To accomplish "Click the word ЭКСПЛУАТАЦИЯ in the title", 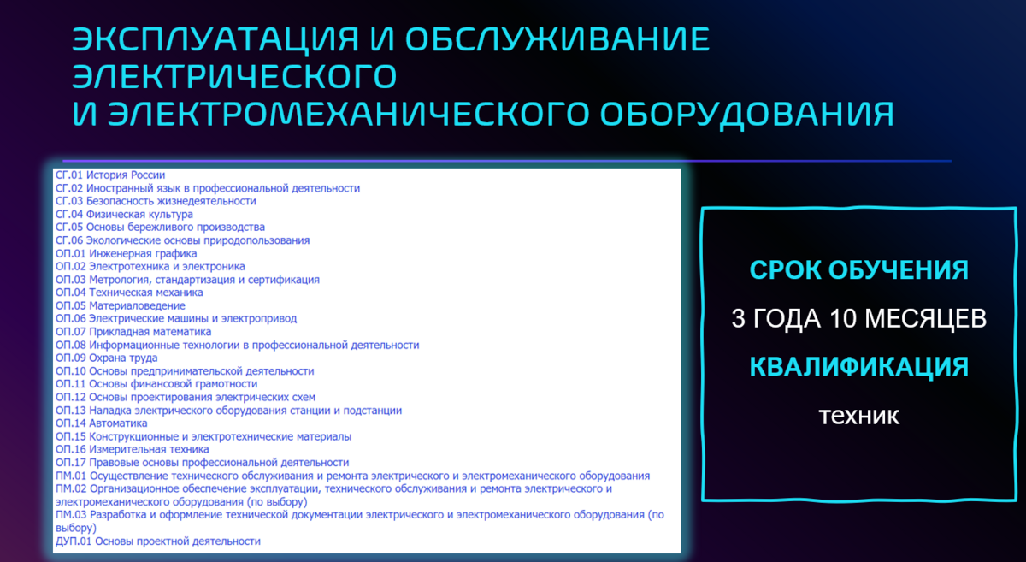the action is click(x=215, y=39).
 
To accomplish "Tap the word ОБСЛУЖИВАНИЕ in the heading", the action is click(x=557, y=39).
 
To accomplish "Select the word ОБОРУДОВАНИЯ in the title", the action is click(x=747, y=114).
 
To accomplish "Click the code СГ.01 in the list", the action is click(x=69, y=175).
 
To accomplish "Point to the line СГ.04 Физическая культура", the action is click(x=124, y=215).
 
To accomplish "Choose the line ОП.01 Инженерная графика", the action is click(x=126, y=253).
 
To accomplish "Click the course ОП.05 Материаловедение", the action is click(x=121, y=305).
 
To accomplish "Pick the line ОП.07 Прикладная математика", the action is click(x=133, y=332).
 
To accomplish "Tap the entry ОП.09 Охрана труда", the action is click(x=106, y=358).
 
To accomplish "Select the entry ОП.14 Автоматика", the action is click(x=101, y=423).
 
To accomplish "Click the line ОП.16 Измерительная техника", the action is click(x=132, y=449).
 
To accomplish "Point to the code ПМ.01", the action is click(x=71, y=476).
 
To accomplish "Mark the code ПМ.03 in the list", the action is click(x=71, y=515).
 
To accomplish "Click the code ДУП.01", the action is click(x=74, y=541).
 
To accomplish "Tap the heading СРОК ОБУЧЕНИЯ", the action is click(x=858, y=270).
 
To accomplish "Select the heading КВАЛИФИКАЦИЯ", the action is click(x=858, y=367).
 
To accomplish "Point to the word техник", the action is click(x=858, y=417).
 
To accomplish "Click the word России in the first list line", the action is click(x=148, y=175).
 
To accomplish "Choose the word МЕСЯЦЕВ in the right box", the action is click(x=925, y=318).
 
